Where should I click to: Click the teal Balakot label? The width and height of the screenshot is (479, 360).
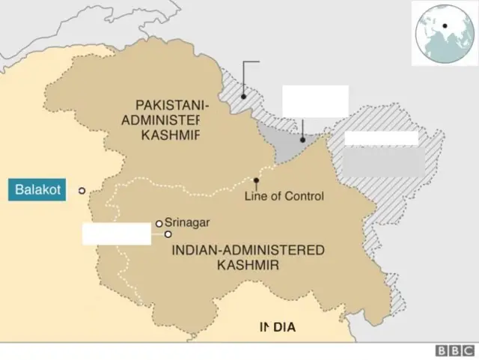point(42,189)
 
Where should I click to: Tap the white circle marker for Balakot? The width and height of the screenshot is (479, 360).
point(82,190)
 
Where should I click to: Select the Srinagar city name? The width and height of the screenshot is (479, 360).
point(187,222)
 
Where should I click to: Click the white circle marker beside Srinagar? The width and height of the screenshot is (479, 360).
point(159,223)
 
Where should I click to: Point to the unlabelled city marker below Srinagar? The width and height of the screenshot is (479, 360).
point(168,234)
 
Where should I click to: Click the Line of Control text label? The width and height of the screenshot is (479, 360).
point(284,196)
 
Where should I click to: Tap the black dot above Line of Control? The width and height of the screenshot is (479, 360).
point(257,180)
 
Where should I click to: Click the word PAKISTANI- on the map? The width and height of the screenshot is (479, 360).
point(172,106)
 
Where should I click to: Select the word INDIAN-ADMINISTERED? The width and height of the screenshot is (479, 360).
point(248,250)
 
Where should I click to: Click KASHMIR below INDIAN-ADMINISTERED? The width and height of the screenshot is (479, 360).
point(248,265)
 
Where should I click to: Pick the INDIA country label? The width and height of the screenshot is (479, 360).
point(278,327)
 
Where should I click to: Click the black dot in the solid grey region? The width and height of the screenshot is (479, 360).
point(302,139)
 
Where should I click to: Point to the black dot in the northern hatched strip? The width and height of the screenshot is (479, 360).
point(243,97)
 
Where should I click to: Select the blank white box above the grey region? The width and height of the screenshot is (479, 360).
point(315,101)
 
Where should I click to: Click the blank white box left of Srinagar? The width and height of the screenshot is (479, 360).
point(117,234)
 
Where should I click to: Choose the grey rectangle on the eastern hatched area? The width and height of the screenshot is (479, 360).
point(383,161)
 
